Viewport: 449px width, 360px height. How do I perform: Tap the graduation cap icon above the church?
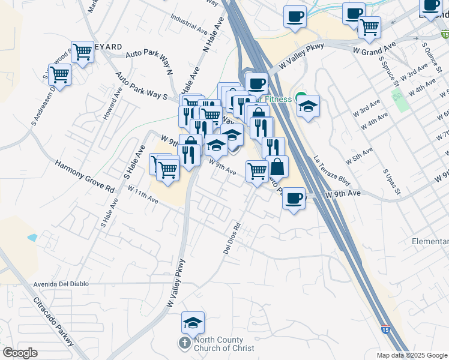(193, 323)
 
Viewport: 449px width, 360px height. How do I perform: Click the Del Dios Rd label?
(232, 239)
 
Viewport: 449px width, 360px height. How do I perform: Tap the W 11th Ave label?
(143, 194)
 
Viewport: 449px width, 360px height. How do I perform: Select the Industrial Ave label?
(189, 23)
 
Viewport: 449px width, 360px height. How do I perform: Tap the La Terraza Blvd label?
(331, 170)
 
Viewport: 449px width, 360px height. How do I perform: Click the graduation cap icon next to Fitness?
(308, 106)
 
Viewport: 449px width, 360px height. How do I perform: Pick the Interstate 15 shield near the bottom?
(384, 329)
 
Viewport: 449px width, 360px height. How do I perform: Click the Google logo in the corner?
(20, 353)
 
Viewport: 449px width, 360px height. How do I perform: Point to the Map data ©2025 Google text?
(412, 355)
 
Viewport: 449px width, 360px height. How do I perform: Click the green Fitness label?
(277, 99)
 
